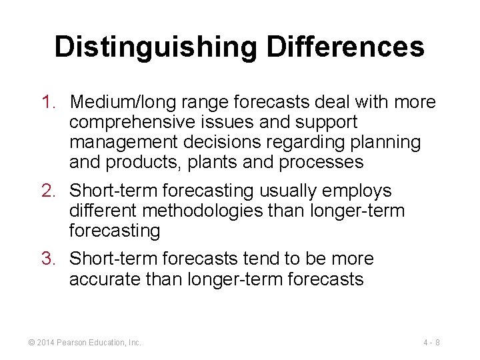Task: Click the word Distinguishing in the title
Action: [155, 47]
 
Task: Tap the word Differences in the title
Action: [345, 47]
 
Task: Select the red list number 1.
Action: [47, 103]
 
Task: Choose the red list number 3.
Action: [47, 259]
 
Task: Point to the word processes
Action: [327, 163]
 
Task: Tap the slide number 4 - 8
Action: [431, 343]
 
